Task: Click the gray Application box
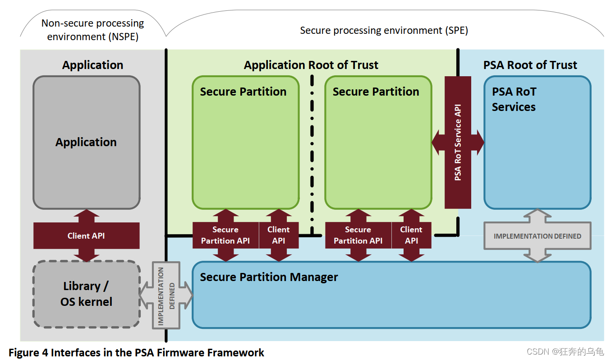pos(86,143)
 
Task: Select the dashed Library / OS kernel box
pos(86,294)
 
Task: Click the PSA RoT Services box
pos(537,143)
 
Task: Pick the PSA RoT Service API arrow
pos(458,143)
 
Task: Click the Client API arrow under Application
pos(86,235)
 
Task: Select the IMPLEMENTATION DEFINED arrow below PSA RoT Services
pos(537,236)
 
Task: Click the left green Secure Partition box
pos(246,143)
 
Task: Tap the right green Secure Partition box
pos(378,143)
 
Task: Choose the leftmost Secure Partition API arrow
pos(225,235)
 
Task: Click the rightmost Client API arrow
pos(411,235)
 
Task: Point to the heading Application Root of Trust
pos(311,65)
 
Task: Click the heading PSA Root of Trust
pos(530,65)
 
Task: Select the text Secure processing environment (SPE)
pos(384,31)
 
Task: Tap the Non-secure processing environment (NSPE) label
pos(92,30)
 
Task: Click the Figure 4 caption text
pos(136,352)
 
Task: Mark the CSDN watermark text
pos(565,352)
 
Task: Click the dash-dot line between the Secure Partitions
pos(312,153)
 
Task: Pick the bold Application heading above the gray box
pos(92,65)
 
